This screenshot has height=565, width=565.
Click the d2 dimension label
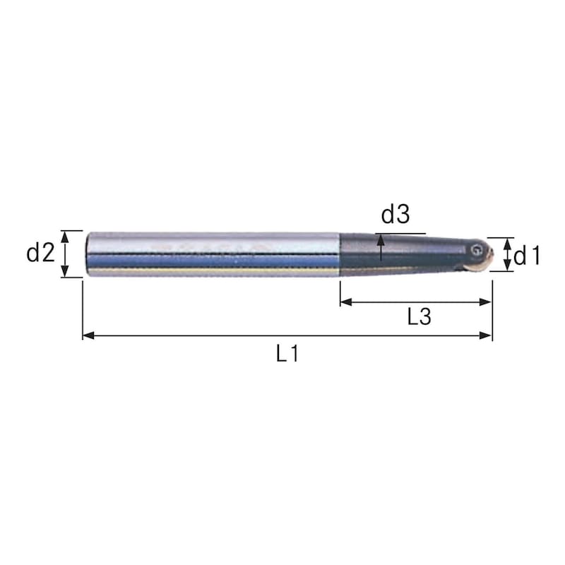pyautogui.click(x=41, y=253)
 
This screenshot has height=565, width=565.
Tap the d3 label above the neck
pyautogui.click(x=395, y=213)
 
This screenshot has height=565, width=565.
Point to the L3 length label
pyautogui.click(x=420, y=317)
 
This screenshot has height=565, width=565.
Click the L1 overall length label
pyautogui.click(x=287, y=353)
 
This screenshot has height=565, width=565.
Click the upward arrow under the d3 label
pyautogui.click(x=381, y=240)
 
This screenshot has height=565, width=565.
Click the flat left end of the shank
pyautogui.click(x=86, y=254)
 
